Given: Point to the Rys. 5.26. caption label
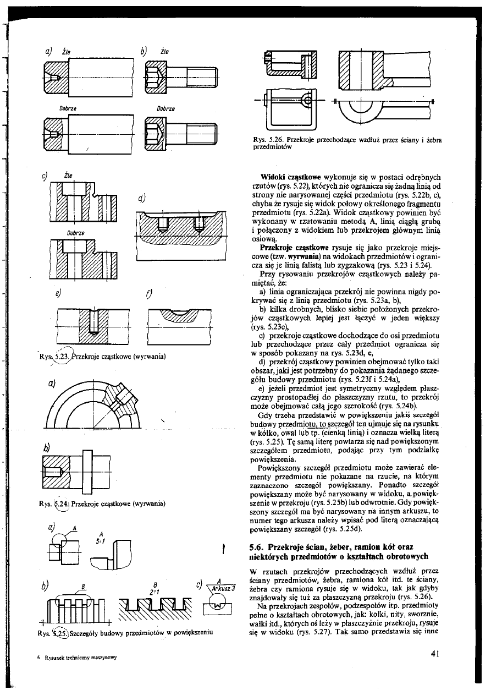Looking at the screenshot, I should [x=266, y=140].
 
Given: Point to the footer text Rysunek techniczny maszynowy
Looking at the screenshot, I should [x=91, y=658].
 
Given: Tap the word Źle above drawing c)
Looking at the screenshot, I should [x=69, y=175].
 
